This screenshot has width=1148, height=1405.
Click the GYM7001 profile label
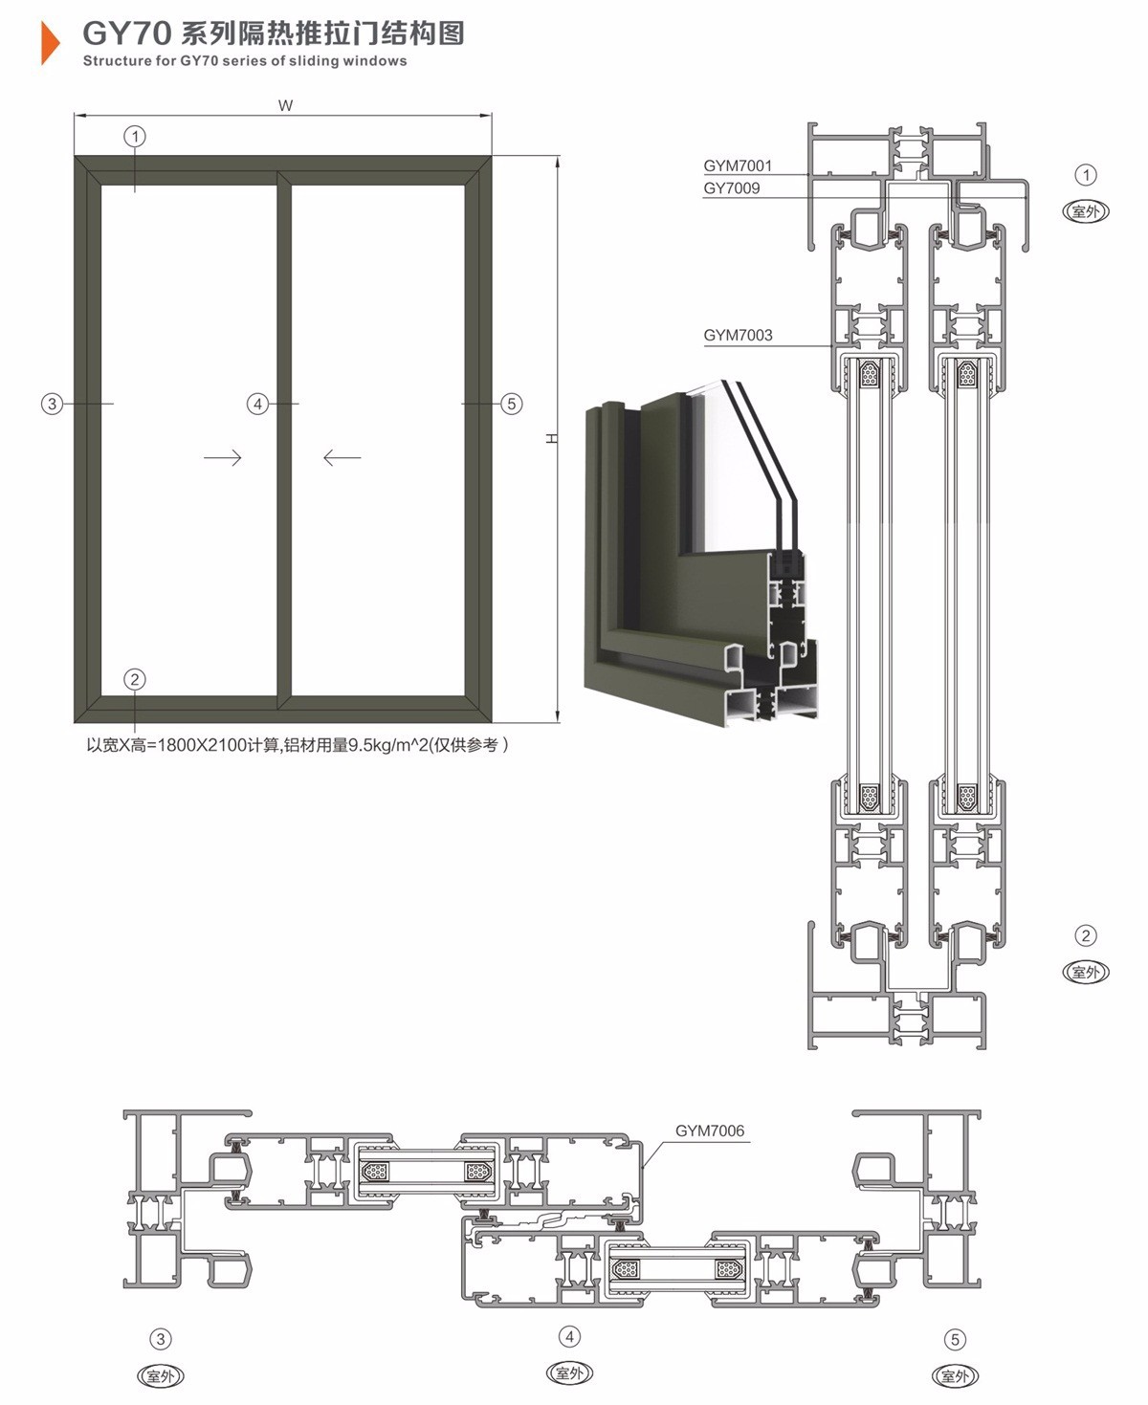[x=738, y=165]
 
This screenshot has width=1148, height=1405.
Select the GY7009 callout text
[x=732, y=188]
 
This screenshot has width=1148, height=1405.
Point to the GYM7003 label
[x=738, y=336]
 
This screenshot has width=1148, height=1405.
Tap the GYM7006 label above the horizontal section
[x=710, y=1131]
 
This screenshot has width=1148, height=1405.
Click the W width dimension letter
[x=285, y=106]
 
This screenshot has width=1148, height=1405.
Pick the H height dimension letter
[x=551, y=438]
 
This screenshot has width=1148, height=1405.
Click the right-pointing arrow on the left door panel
[x=223, y=458]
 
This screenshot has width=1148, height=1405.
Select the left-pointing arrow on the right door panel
[x=342, y=458]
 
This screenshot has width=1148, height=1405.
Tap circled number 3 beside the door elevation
[x=53, y=404]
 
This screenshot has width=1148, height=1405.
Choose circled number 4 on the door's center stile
[x=257, y=404]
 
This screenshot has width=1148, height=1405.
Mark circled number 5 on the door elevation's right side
[x=512, y=404]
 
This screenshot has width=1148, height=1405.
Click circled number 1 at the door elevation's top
[x=135, y=137]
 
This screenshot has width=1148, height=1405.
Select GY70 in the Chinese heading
[x=126, y=33]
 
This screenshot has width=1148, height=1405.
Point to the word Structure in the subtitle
[x=117, y=61]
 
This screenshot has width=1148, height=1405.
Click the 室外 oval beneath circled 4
[x=569, y=1373]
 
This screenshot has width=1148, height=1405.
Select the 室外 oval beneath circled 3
[x=161, y=1376]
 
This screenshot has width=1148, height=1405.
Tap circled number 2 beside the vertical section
[x=1085, y=935]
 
